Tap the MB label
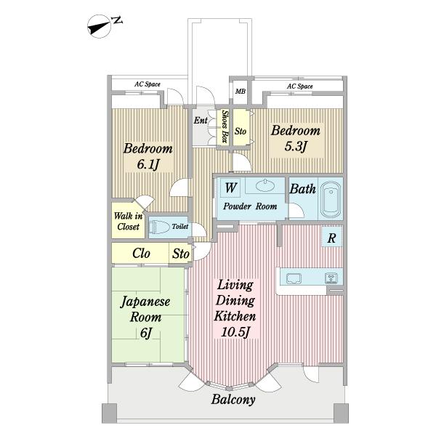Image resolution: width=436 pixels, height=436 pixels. click(241, 92)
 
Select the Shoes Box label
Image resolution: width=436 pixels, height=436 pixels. click(225, 126)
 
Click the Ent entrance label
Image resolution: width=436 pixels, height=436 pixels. click(201, 121)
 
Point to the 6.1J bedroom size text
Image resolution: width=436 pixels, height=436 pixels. click(148, 165)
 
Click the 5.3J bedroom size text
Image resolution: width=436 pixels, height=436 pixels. click(296, 146)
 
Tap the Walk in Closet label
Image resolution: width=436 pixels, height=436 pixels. click(128, 222)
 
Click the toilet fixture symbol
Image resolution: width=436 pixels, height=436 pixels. click(159, 227)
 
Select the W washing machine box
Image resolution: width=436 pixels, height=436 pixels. click(230, 187)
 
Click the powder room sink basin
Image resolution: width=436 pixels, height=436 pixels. click(265, 185)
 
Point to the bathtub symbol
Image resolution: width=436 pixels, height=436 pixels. click(331, 199)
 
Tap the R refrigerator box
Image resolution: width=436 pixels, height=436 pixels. click(331, 238)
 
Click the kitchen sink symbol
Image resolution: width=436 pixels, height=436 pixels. click(294, 278)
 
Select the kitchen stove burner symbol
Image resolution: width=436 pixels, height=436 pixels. click(331, 278)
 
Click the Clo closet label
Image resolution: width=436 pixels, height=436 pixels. click(141, 254)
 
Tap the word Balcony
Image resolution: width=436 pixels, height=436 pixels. click(233, 400)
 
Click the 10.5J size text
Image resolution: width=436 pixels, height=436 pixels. click(235, 332)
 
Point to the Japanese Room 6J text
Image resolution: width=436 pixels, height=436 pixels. click(145, 317)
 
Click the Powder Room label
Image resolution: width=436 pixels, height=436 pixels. click(250, 206)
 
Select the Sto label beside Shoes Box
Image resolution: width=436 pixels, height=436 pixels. click(241, 131)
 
